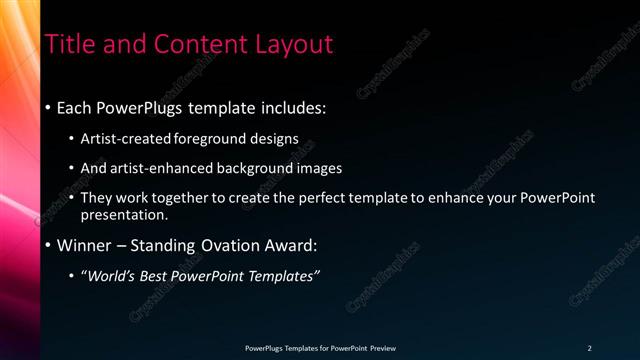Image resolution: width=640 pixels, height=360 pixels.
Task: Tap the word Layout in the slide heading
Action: coord(290,44)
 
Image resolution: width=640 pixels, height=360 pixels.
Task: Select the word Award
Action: coord(290,245)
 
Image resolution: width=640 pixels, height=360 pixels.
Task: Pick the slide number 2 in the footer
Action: coord(589,348)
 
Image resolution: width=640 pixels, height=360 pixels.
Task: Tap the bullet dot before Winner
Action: coord(48,245)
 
